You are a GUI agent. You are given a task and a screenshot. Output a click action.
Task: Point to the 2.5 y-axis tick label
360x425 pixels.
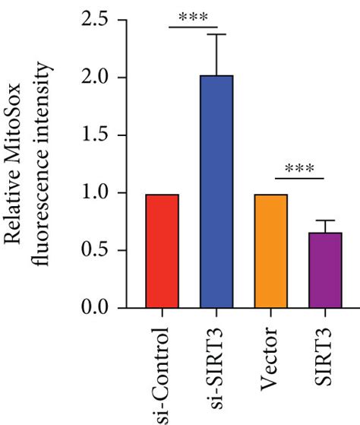[x=99, y=21]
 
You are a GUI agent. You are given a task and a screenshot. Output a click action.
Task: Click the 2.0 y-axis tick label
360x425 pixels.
[x=99, y=78]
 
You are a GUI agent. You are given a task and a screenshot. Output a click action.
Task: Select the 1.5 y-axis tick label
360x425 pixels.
[x=99, y=136]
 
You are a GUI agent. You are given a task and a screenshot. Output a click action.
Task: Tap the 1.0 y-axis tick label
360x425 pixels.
[x=99, y=193]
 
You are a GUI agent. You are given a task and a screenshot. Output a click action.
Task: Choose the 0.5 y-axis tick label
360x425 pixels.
[x=99, y=251]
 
